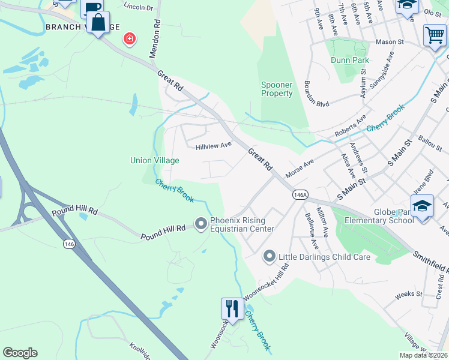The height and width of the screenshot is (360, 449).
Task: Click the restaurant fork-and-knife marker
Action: click(x=232, y=308)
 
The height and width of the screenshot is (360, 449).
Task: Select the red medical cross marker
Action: click(x=129, y=40)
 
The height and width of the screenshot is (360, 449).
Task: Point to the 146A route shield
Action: click(x=301, y=195)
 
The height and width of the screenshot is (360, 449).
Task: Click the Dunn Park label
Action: click(x=349, y=60)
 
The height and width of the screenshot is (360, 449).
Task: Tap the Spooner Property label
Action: click(x=277, y=89)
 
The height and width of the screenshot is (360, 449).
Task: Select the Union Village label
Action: click(x=154, y=160)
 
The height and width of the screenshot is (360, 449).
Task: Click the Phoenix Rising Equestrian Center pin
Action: click(x=200, y=224)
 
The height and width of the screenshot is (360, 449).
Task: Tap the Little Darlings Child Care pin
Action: click(x=270, y=257)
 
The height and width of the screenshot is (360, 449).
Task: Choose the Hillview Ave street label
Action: click(x=213, y=146)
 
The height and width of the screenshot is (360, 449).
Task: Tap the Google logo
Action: click(x=20, y=353)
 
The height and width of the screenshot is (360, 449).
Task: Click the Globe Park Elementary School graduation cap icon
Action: click(x=423, y=206)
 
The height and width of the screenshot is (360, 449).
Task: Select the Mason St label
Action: click(x=391, y=43)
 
